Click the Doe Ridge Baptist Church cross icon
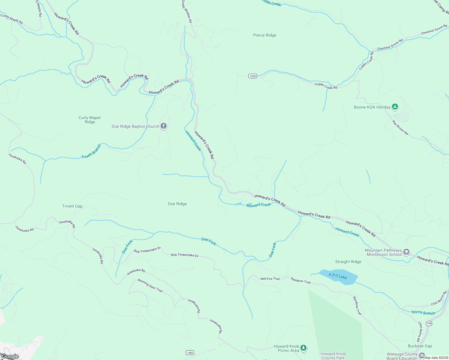tap(164, 126)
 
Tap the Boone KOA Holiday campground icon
tap(395, 107)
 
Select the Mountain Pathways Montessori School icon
tap(407, 252)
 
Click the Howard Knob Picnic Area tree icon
tap(304, 348)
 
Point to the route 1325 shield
tap(253, 76)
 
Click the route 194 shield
tap(429, 323)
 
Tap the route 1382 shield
tap(190, 353)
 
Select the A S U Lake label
tap(338, 276)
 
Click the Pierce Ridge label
tap(264, 35)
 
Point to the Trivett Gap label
tap(72, 206)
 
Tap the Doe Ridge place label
tap(177, 204)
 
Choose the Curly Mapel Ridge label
tap(89, 120)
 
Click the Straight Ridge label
tap(348, 262)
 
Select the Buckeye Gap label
tap(420, 346)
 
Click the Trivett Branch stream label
tap(91, 151)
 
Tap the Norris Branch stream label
tap(423, 313)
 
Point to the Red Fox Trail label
tap(270, 279)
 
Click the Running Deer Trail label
tap(150, 285)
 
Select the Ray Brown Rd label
tap(400, 127)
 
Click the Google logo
tap(10, 356)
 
